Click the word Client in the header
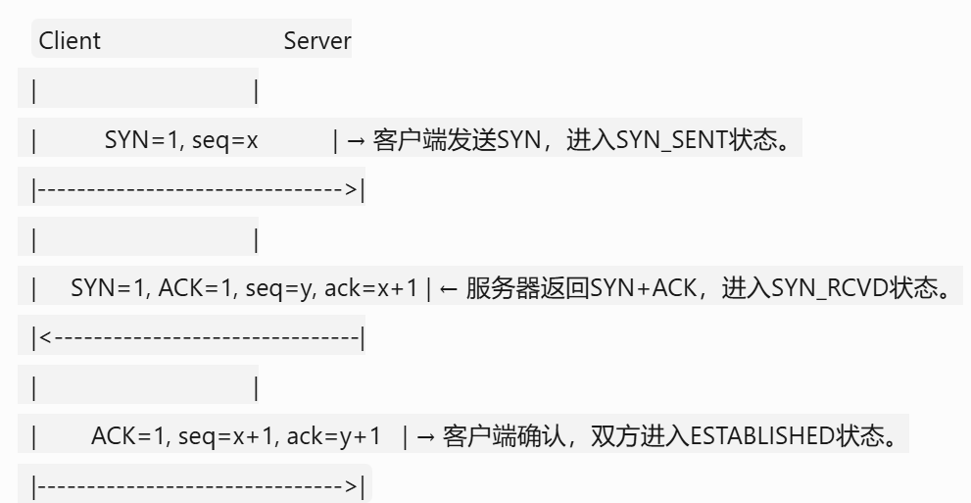coord(69,42)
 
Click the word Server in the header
coord(316,42)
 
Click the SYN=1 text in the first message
coord(135,141)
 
